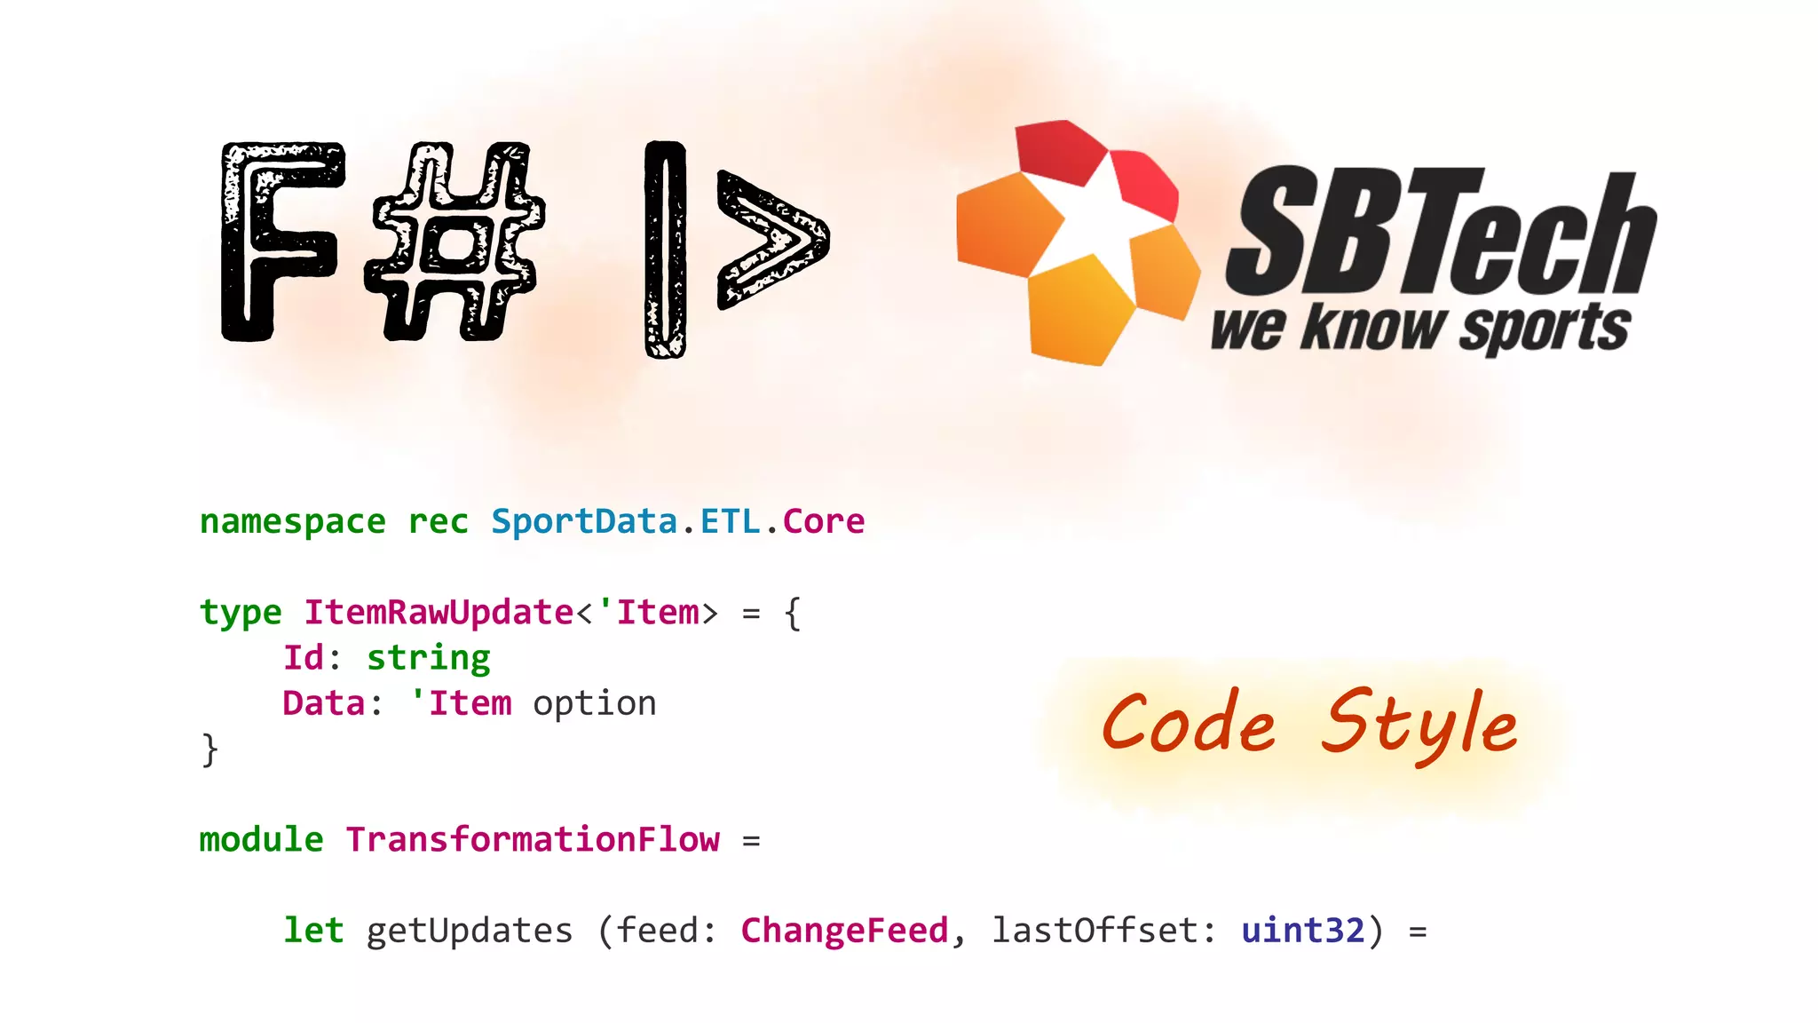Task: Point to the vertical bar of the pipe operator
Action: [665, 249]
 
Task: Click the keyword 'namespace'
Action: [292, 522]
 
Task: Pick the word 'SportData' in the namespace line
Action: [584, 522]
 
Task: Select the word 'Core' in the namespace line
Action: [823, 522]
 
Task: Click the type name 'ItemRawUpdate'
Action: [439, 613]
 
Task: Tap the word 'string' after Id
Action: [428, 659]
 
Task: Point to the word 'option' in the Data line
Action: [594, 704]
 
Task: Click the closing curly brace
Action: [209, 749]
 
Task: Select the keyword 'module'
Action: [261, 840]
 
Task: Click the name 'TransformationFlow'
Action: [533, 840]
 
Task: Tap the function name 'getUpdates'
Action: [469, 931]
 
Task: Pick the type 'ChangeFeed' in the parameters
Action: [844, 931]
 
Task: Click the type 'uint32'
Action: [1302, 931]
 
